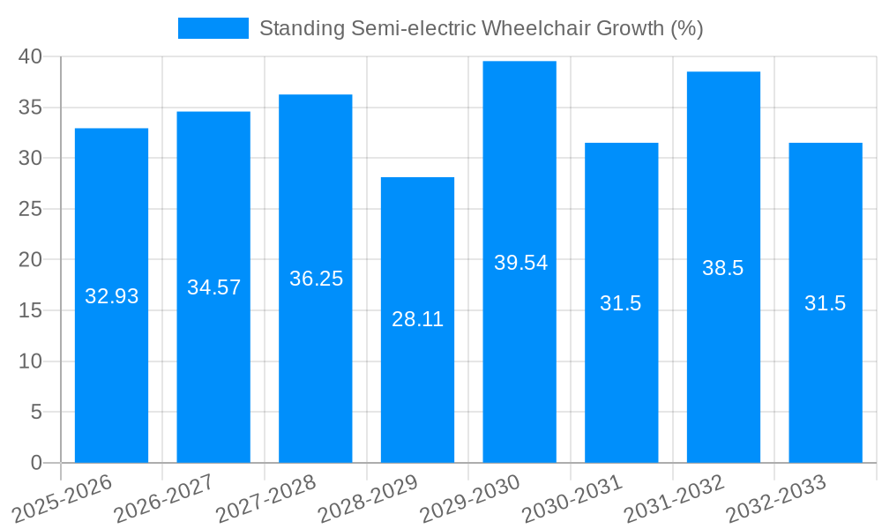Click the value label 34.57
pyautogui.click(x=213, y=287)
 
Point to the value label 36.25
pyautogui.click(x=316, y=279)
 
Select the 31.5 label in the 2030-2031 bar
pyautogui.click(x=621, y=303)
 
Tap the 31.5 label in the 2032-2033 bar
pyautogui.click(x=825, y=303)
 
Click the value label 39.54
pyautogui.click(x=520, y=263)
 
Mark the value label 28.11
pyautogui.click(x=417, y=319)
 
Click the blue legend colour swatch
pyautogui.click(x=213, y=28)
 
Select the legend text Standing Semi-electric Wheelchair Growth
pyautogui.click(x=481, y=28)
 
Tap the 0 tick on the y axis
pyautogui.click(x=36, y=463)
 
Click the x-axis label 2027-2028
pyautogui.click(x=264, y=497)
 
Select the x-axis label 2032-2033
pyautogui.click(x=774, y=497)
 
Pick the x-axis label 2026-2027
pyautogui.click(x=162, y=497)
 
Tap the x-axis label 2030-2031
pyautogui.click(x=570, y=497)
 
